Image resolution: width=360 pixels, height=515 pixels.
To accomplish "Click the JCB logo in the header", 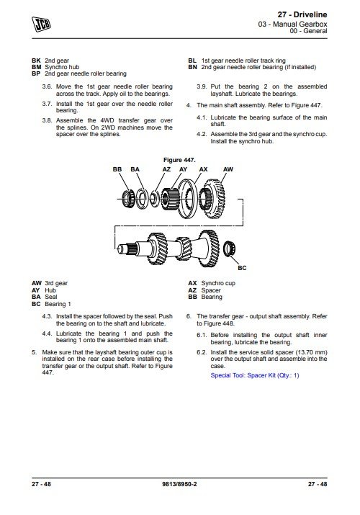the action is [41, 24].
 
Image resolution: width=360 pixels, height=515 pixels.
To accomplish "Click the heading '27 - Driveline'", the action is [302, 14].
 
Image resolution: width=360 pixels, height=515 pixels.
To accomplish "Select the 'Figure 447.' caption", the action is [179, 160].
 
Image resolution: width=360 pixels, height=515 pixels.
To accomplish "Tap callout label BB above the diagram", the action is [117, 169].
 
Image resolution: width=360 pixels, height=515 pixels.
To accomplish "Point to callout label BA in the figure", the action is [135, 169].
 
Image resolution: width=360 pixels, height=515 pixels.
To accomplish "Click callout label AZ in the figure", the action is [166, 169].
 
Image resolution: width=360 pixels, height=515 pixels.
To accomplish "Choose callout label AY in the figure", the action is [183, 169].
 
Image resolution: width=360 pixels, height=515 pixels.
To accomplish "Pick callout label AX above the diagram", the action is [204, 169].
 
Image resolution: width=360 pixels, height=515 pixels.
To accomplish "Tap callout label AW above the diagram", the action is [228, 169].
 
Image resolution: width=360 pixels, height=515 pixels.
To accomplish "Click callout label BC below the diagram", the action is [242, 268].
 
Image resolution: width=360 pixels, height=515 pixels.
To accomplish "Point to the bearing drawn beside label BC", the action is [230, 248].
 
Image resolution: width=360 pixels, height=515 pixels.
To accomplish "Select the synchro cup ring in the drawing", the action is [187, 199].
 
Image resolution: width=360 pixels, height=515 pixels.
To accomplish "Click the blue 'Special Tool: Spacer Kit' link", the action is [255, 375].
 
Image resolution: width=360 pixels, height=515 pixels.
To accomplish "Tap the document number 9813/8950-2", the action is [179, 484].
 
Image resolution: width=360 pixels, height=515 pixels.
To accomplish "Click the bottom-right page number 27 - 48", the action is [318, 484].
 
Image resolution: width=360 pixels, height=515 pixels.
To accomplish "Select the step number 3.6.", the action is [47, 86].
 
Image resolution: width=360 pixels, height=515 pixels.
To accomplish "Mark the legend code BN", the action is [193, 67].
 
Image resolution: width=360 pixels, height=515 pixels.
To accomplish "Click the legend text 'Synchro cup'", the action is [218, 283].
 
